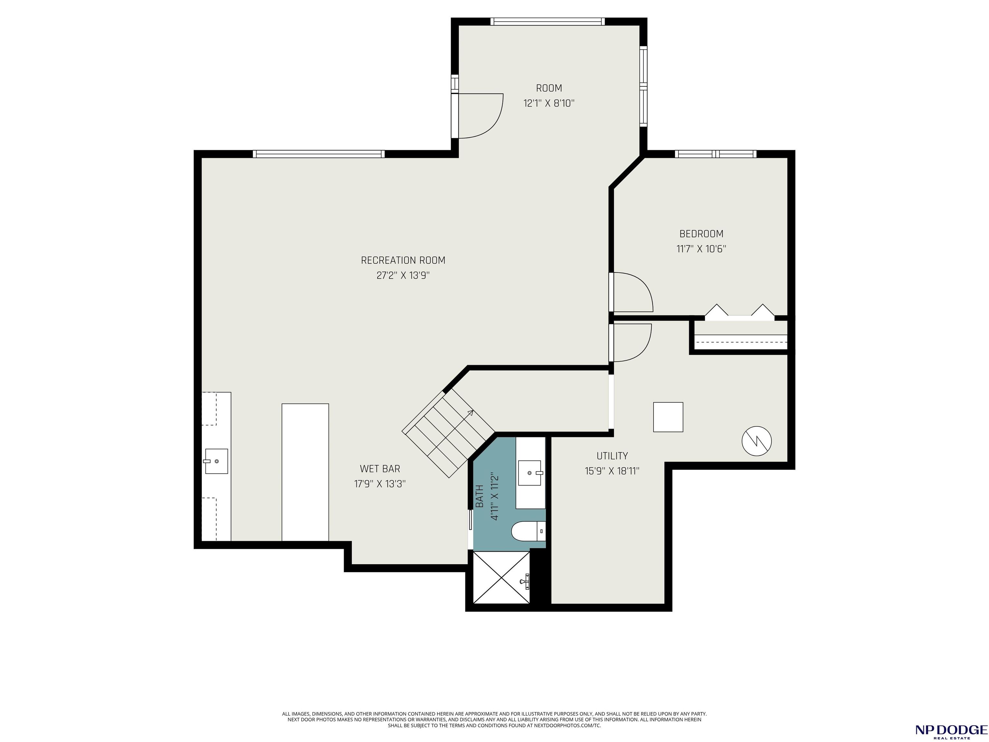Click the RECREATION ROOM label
point(403,260)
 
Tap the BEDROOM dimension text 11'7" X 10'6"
point(701,249)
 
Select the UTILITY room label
point(612,456)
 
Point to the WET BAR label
point(380,469)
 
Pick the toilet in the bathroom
point(529,531)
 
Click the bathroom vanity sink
point(530,473)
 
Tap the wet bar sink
point(216,461)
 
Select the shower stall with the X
point(501,577)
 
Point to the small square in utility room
point(668,417)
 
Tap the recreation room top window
point(318,154)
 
